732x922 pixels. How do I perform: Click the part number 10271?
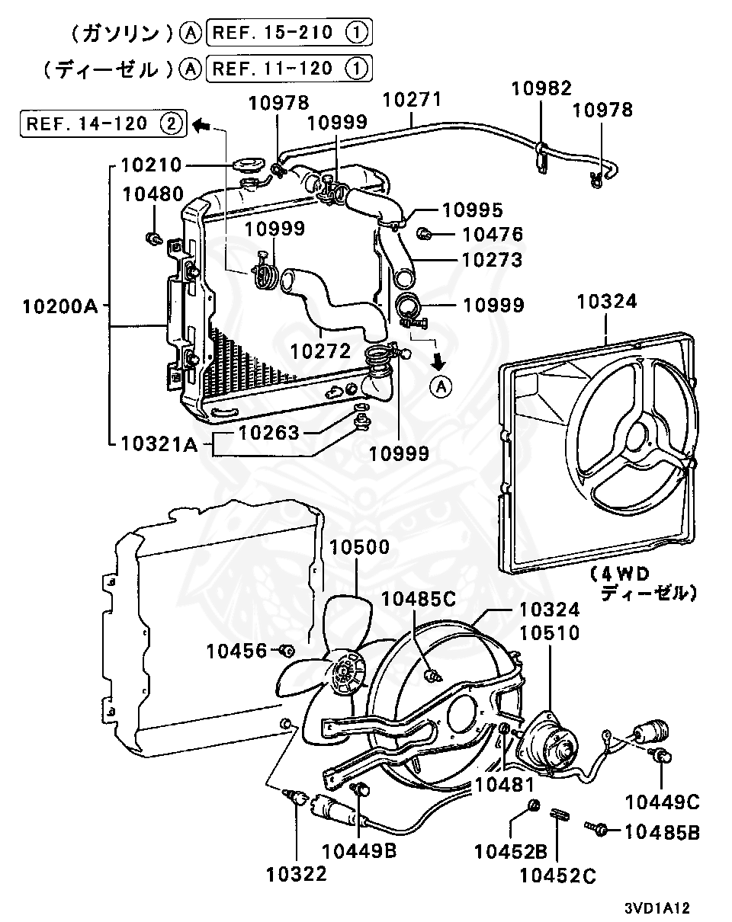pos(412,100)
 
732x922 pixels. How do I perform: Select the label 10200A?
pos(60,307)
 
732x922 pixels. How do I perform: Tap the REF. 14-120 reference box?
pos(104,123)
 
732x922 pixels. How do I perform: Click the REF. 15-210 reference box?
pos(289,32)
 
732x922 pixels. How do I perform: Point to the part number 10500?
pos(359,547)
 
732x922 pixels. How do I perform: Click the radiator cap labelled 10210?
pos(246,165)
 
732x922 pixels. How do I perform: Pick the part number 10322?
pos(297,874)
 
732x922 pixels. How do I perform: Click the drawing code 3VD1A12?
pos(657,908)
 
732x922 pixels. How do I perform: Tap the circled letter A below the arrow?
pos(441,387)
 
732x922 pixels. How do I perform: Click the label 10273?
pos(493,260)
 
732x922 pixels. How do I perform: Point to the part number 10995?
pos(472,210)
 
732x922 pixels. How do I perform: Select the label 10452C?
pos(558,876)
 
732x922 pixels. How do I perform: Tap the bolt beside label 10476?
pos(424,234)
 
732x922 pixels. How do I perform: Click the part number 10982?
pos(541,88)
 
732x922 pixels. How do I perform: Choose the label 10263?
pos(268,433)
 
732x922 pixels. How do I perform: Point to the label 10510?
pos(550,633)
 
